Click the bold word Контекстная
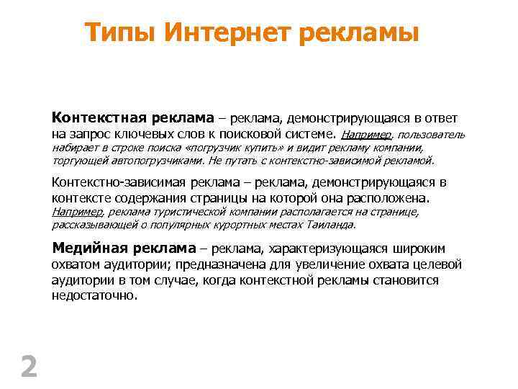pos(96,117)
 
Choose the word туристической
pos(186,212)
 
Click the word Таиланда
pos(333,225)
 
